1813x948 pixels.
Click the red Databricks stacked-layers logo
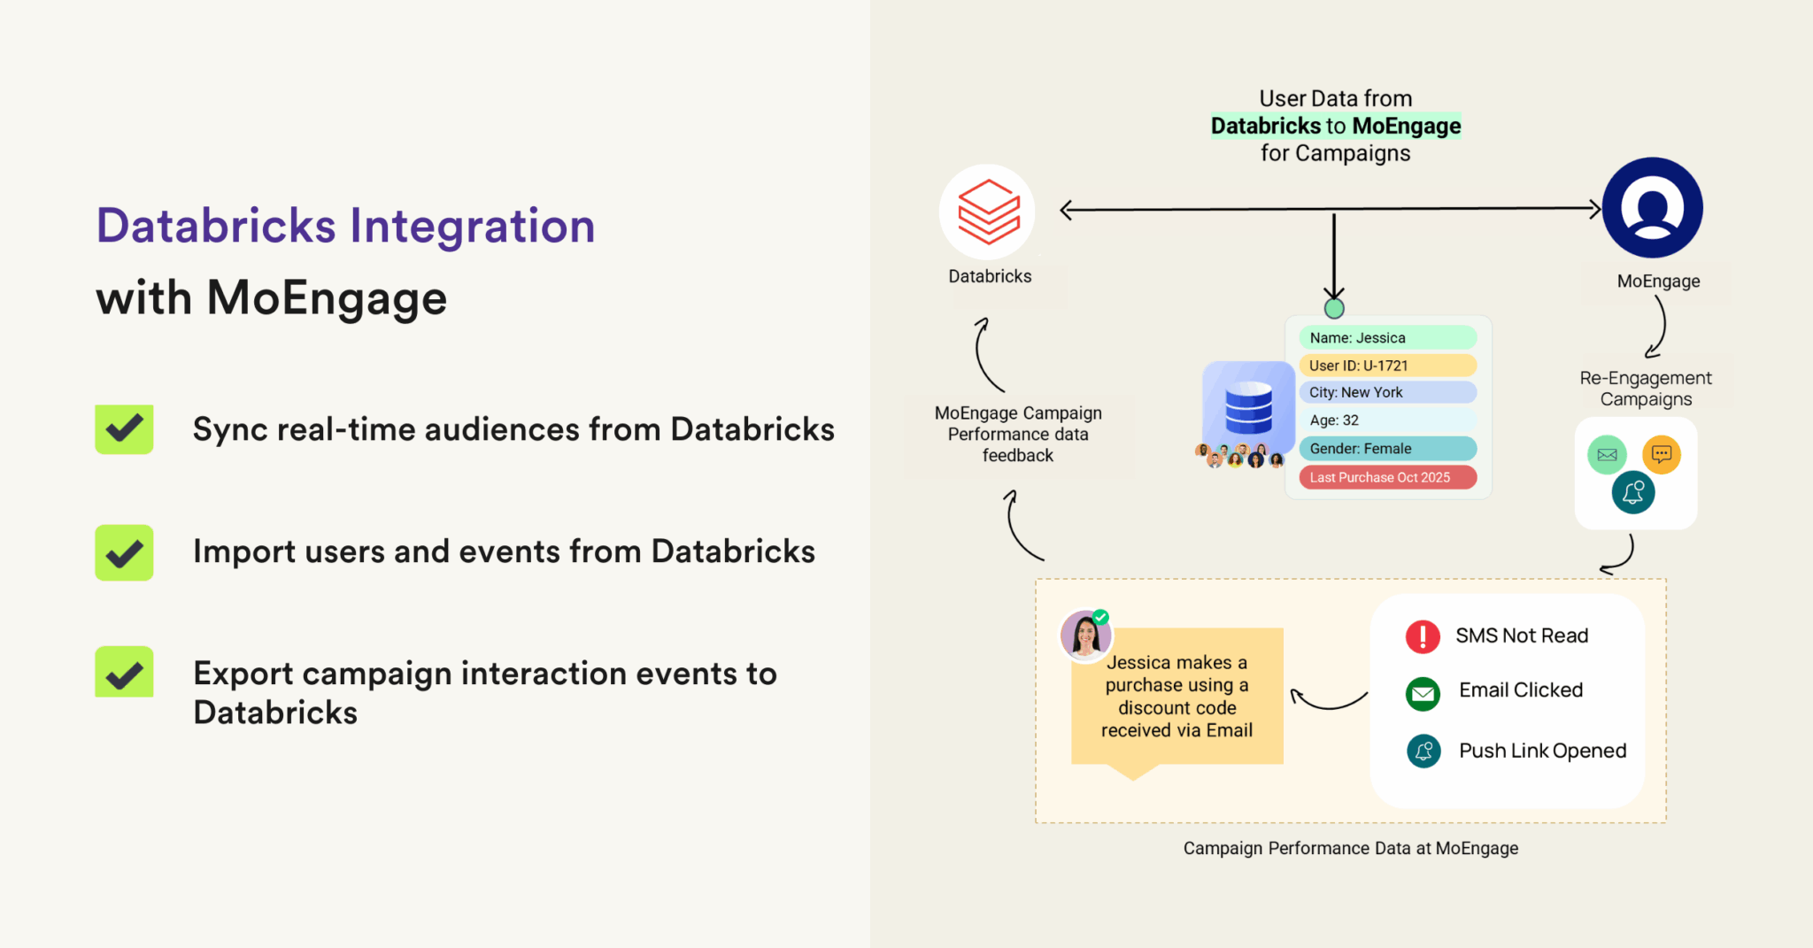[x=988, y=212]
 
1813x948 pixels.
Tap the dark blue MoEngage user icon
[x=1652, y=208]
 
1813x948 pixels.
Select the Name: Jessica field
[x=1386, y=337]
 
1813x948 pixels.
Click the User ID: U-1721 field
[x=1386, y=366]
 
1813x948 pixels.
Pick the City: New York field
[x=1386, y=392]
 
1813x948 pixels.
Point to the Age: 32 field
[x=1386, y=420]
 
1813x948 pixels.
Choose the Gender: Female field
[x=1386, y=449]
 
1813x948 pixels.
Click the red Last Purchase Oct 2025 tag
[x=1386, y=477]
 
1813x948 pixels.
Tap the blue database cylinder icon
[x=1248, y=408]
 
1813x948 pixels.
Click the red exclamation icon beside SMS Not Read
[x=1423, y=636]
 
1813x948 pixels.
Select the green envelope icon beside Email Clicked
[x=1423, y=693]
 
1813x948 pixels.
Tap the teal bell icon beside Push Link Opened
[x=1423, y=751]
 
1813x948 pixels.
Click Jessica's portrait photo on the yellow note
[x=1085, y=635]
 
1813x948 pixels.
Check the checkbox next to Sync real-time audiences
[x=124, y=429]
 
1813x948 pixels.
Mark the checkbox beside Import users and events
[x=124, y=552]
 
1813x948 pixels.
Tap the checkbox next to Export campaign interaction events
[x=124, y=673]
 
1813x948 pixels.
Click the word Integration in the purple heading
[x=473, y=226]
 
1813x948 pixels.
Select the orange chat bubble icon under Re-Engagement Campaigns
[x=1661, y=454]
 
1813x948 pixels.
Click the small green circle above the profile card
[x=1334, y=308]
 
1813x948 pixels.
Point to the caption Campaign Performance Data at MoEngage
[x=1350, y=848]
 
